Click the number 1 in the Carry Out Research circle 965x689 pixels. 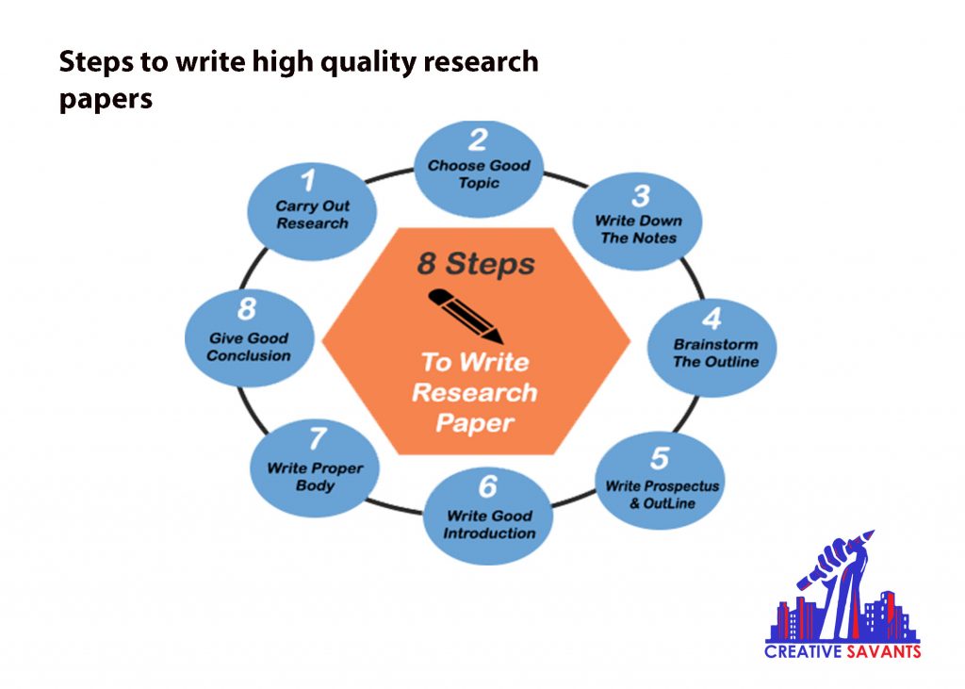tap(307, 179)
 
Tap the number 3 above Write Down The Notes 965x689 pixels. tap(640, 196)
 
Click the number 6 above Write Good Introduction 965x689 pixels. tap(487, 487)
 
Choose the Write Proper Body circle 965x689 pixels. tap(314, 466)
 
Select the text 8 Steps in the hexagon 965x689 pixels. tap(475, 264)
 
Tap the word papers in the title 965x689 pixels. tap(106, 98)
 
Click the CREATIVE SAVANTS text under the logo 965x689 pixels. tap(842, 650)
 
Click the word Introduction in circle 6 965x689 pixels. tap(489, 533)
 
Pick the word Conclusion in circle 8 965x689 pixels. tap(249, 355)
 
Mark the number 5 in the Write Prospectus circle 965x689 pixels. tap(660, 459)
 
